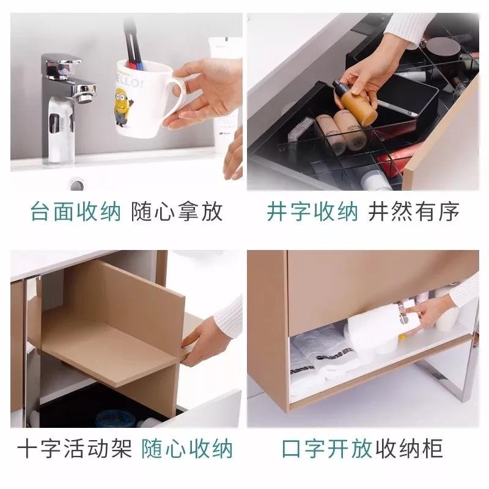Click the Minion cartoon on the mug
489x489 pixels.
(x=123, y=106)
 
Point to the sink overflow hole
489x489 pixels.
(x=77, y=185)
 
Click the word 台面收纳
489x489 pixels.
(x=76, y=211)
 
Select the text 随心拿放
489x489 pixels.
(x=177, y=211)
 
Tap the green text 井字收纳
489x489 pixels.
(x=312, y=211)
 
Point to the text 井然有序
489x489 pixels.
(x=414, y=211)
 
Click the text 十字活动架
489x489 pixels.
(x=75, y=449)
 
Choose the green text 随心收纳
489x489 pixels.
(x=187, y=449)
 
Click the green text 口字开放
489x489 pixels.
(x=327, y=449)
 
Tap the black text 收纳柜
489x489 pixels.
(x=409, y=449)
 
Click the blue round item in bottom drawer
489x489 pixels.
(x=111, y=418)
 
